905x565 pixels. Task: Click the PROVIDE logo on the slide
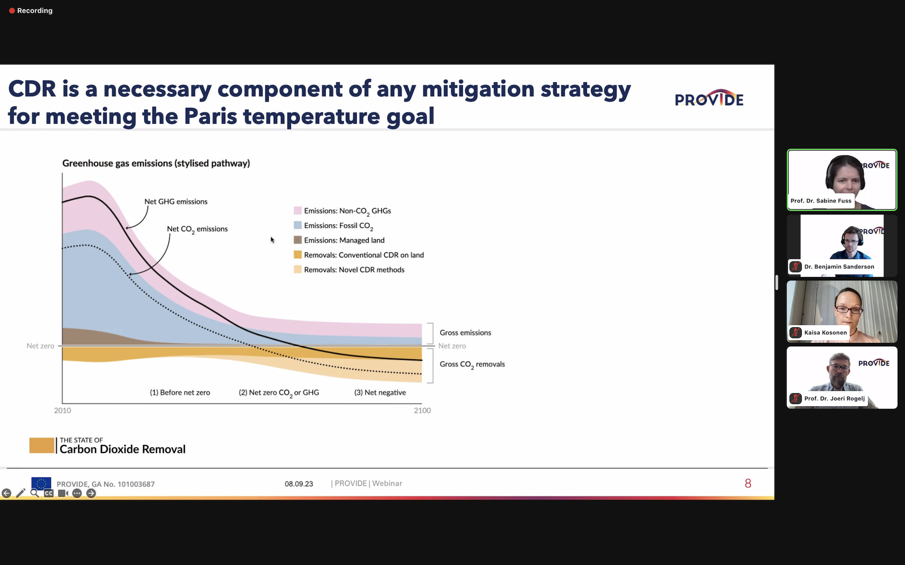tap(709, 98)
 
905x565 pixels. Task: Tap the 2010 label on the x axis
tap(63, 411)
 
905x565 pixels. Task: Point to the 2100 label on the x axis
tap(422, 411)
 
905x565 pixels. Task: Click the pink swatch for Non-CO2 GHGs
tap(297, 210)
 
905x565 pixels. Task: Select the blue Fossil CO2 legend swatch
tap(297, 225)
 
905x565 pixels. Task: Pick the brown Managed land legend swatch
tap(297, 240)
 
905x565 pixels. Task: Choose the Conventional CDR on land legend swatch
tap(297, 255)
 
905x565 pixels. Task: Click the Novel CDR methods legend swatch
tap(297, 269)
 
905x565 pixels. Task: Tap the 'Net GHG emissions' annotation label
tap(176, 202)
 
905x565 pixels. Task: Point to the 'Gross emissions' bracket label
tap(465, 333)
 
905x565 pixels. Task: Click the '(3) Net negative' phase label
tap(380, 393)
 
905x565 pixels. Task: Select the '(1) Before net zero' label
tap(180, 393)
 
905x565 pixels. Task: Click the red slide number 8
tap(748, 484)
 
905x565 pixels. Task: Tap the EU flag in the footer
tap(41, 483)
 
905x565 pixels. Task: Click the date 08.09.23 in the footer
tap(299, 484)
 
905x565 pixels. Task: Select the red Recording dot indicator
tap(12, 11)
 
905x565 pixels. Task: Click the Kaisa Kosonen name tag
tap(825, 332)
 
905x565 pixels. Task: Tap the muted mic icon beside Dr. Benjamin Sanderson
tap(796, 266)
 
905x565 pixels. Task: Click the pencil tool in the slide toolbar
tap(21, 493)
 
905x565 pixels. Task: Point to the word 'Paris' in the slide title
tap(210, 116)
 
